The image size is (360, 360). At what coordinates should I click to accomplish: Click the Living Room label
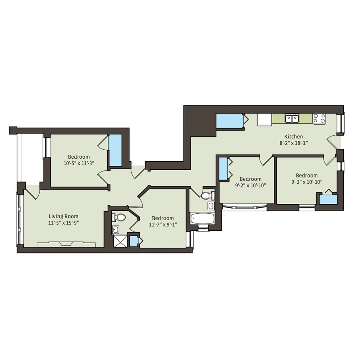63,216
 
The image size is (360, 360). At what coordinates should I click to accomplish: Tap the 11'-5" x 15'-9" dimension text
63,222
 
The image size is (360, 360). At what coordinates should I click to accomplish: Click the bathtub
202,219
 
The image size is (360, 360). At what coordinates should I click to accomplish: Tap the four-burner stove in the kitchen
319,118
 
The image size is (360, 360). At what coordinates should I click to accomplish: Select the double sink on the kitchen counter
292,118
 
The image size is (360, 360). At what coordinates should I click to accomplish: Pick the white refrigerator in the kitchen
264,119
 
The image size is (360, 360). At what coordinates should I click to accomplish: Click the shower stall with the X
120,241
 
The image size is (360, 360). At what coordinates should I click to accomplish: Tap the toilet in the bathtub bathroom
207,196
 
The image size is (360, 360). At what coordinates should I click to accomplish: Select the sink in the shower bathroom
116,230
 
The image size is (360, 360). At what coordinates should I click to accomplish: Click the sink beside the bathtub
211,206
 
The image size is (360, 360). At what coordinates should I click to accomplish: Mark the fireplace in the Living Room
66,244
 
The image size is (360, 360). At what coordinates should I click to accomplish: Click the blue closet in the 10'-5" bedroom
115,151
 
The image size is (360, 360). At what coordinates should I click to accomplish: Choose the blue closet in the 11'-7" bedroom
134,241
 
